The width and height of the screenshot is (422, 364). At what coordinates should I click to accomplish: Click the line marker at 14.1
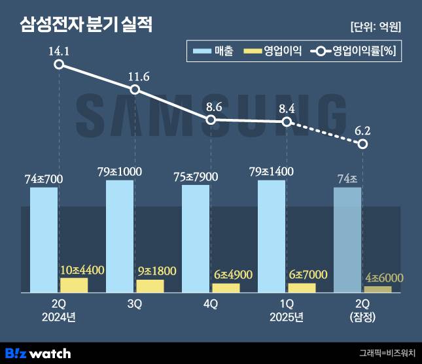pyautogui.click(x=59, y=64)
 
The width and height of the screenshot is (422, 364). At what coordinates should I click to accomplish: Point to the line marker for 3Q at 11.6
pyautogui.click(x=135, y=90)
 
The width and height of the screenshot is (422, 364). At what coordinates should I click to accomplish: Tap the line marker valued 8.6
pyautogui.click(x=211, y=120)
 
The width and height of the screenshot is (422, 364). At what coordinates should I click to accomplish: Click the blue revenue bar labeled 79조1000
pyautogui.click(x=120, y=236)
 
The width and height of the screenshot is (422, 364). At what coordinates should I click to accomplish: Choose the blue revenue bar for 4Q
pyautogui.click(x=196, y=239)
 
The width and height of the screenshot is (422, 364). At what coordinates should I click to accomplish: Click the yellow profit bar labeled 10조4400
pyautogui.click(x=73, y=285)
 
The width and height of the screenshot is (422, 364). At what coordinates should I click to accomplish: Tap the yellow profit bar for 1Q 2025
pyautogui.click(x=302, y=288)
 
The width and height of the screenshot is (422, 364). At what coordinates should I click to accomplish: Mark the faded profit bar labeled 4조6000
pyautogui.click(x=378, y=289)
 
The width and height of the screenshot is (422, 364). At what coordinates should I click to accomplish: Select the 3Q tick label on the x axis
pyautogui.click(x=135, y=305)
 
